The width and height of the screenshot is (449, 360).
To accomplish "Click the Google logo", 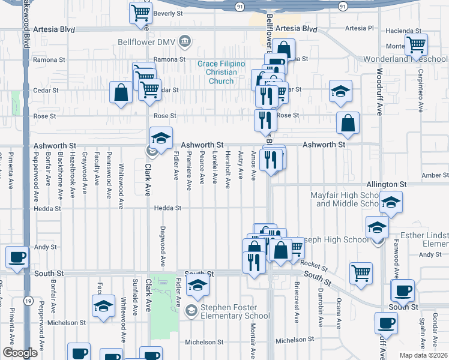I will pos(20,353).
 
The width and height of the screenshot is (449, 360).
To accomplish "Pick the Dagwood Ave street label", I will pos(163,247).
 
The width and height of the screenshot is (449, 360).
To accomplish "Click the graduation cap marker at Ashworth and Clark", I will pos(161,138).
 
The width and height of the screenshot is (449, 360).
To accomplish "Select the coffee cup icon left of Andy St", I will pos(16,257).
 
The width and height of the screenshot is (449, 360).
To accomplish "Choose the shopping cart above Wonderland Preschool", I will pos(415,44).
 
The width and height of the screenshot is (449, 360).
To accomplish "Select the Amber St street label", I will pos(434,175).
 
